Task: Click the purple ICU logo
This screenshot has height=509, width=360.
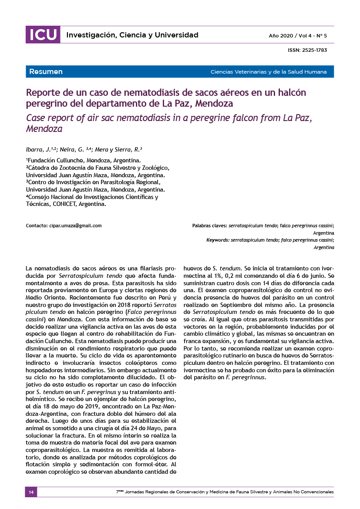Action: [x=43, y=35]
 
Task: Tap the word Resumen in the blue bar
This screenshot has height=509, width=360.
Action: [x=46, y=71]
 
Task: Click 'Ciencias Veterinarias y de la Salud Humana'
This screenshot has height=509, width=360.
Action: [x=268, y=72]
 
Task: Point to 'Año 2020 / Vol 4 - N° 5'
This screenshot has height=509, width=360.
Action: [x=297, y=35]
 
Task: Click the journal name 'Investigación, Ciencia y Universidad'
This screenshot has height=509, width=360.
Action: [x=132, y=35]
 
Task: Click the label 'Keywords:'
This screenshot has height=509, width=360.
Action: [x=218, y=240]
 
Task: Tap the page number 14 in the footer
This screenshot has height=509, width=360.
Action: [x=31, y=492]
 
